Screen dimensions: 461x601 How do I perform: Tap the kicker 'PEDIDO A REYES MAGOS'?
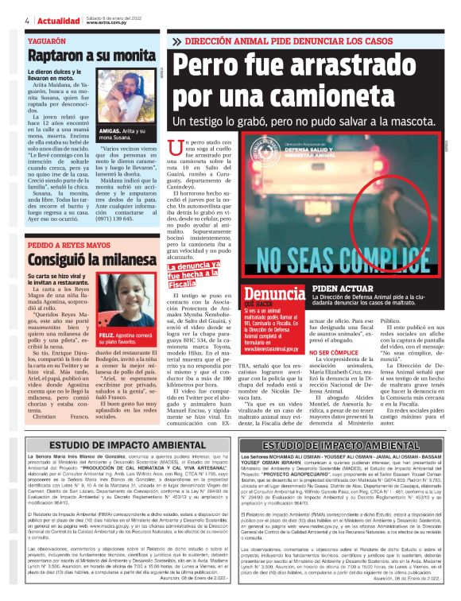point(69,246)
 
